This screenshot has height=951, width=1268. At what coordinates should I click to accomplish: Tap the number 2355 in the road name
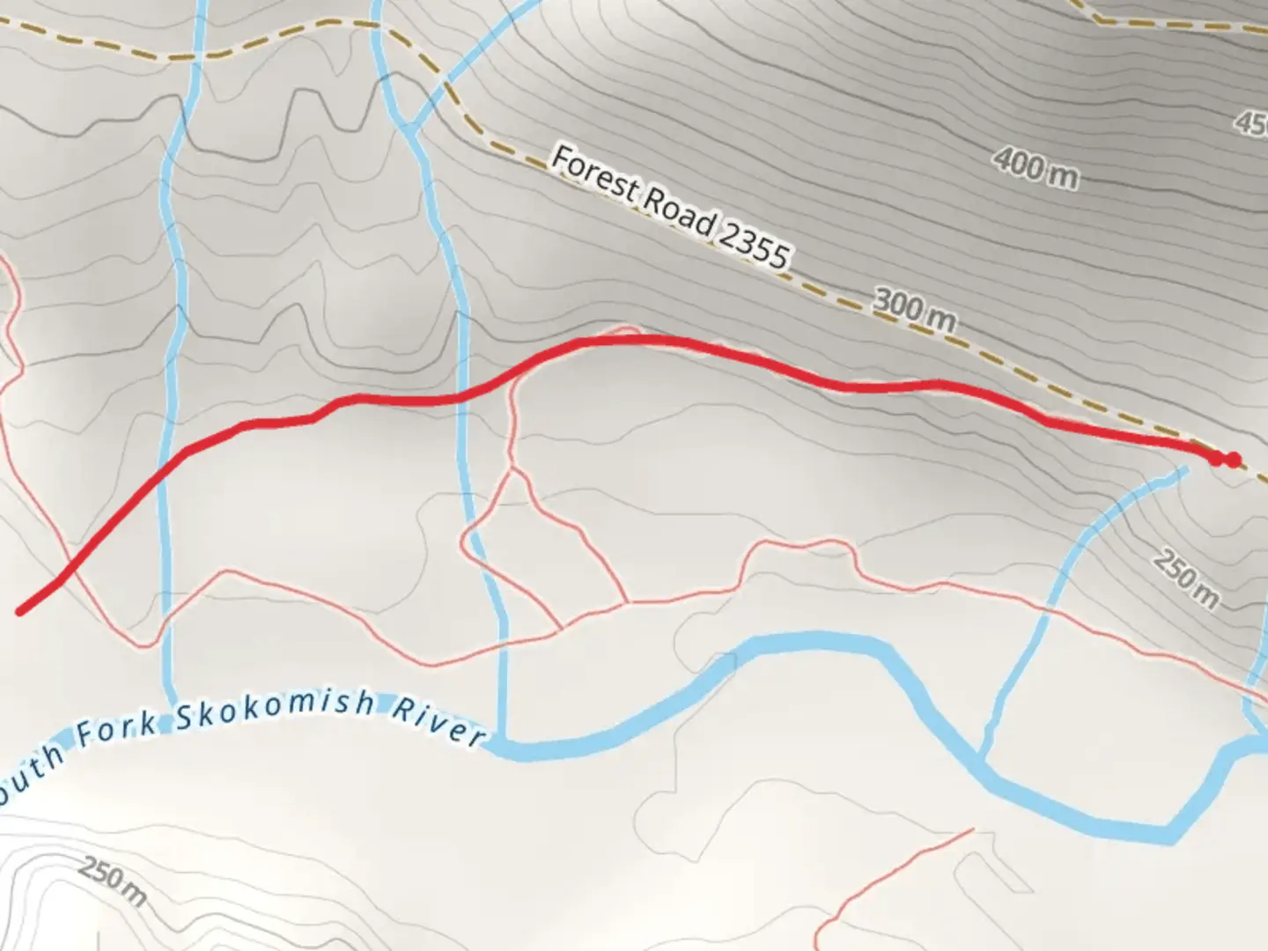click(754, 238)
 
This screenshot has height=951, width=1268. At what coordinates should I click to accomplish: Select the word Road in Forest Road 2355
click(678, 209)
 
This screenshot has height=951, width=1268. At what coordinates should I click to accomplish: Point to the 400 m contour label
click(1036, 167)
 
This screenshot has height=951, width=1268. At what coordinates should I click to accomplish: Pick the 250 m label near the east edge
click(1187, 579)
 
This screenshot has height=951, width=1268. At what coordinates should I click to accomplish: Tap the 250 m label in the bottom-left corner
click(113, 881)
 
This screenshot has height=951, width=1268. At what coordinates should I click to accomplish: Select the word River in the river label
click(438, 721)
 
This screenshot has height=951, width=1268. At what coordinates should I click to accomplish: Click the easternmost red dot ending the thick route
click(1234, 460)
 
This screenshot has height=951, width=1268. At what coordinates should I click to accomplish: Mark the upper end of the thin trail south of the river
click(973, 829)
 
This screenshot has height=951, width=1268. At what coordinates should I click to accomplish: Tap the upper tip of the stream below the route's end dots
click(1183, 469)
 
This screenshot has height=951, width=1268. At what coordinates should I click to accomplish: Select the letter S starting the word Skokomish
click(185, 718)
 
